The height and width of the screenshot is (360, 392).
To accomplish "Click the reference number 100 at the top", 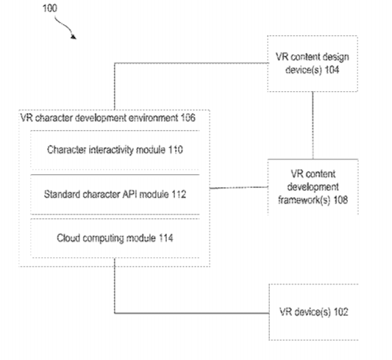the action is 50,8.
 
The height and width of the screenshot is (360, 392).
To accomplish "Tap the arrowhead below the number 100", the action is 74,37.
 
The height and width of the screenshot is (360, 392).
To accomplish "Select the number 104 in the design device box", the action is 332,69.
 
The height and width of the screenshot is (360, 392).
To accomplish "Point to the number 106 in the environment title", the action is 188,118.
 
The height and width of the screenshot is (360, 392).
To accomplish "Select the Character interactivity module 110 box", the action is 115,150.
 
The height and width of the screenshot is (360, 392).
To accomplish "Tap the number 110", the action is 175,150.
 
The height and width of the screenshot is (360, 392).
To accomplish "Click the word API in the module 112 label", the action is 129,194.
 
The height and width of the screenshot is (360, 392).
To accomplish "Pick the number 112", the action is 179,194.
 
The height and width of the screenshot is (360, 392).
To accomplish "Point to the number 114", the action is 165,238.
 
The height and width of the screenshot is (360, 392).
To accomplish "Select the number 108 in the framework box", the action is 341,200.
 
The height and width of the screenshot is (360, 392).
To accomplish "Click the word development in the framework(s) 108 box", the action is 313,187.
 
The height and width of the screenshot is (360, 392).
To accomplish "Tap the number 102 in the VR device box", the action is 341,312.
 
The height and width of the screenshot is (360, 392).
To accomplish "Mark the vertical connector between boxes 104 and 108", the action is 313,126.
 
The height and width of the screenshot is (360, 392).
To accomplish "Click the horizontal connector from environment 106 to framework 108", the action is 239,187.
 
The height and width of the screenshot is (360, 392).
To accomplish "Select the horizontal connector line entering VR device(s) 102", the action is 192,313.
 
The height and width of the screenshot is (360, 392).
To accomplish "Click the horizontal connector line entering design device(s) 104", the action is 191,63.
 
